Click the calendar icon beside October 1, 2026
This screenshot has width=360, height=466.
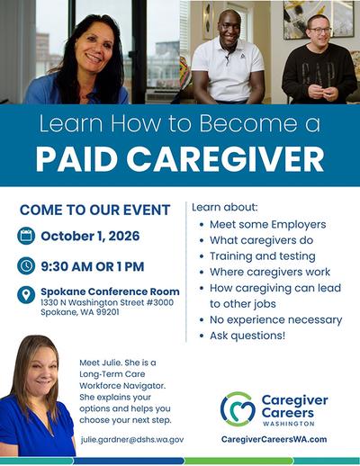26,236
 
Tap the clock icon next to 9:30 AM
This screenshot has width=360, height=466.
26,265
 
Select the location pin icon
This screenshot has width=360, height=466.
26,295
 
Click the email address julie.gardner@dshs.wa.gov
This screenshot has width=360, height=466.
132,440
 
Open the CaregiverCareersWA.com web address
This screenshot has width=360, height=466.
274,439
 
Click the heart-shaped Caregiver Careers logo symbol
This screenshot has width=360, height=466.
238,408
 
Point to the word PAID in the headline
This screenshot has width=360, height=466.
76,159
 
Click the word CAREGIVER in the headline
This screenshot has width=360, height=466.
225,159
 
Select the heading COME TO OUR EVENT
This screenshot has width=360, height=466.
94,210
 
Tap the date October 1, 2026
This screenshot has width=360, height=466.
90,236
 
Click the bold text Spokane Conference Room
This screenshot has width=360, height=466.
110,291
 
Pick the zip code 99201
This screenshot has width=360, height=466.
108,312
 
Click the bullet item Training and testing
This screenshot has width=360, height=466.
263,256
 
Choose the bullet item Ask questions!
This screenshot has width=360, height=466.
247,336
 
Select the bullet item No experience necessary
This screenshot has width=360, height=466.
275,320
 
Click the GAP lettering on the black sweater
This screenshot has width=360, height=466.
318,75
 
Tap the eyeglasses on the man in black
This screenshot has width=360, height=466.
319,31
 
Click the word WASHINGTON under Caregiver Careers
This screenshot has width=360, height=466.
289,424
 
